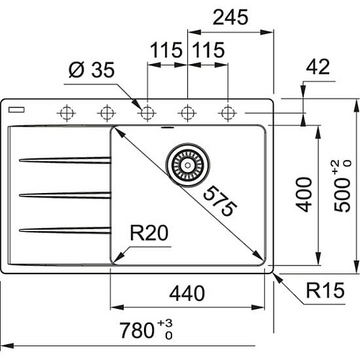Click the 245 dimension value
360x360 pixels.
pyautogui.click(x=230, y=17)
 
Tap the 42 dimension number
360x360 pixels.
pyautogui.click(x=318, y=67)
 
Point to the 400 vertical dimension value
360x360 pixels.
pyautogui.click(x=305, y=193)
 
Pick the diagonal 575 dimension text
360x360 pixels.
pyautogui.click(x=215, y=201)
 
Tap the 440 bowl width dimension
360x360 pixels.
pyautogui.click(x=188, y=294)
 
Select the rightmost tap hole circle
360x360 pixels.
pyautogui.click(x=228, y=112)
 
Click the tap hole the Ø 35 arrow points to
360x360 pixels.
pyautogui.click(x=148, y=112)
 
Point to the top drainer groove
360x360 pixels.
pyautogui.click(x=65, y=160)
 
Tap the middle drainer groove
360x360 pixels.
pyautogui.click(x=65, y=194)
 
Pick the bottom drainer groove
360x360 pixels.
pyautogui.click(x=65, y=230)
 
